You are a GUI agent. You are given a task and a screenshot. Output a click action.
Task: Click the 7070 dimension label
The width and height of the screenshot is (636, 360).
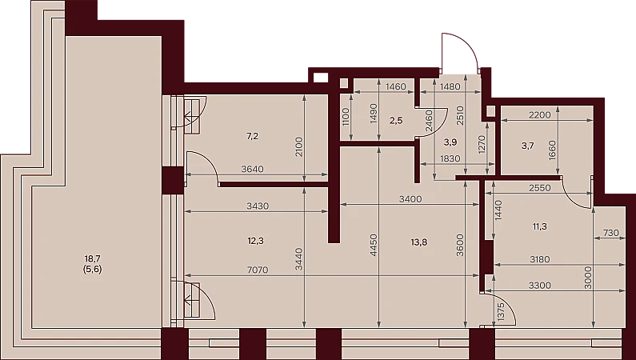[258, 270]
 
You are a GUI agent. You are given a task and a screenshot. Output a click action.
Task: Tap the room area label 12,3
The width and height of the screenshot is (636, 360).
[255, 241]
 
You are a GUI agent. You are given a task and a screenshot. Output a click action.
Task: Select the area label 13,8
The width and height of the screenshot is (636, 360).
[418, 242]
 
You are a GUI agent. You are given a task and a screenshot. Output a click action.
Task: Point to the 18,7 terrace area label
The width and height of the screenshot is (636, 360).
[93, 258]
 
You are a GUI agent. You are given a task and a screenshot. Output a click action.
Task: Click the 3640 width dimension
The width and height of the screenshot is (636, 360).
[252, 169]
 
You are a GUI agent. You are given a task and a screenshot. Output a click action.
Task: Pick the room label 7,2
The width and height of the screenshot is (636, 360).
[252, 136]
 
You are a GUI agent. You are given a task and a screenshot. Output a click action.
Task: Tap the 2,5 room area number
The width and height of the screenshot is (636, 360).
[396, 121]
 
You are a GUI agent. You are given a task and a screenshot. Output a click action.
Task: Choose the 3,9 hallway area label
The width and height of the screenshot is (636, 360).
[450, 142]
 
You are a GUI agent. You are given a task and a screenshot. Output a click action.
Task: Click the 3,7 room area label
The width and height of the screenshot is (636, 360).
[528, 146]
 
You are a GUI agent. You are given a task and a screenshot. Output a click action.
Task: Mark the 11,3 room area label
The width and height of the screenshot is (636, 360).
[539, 226]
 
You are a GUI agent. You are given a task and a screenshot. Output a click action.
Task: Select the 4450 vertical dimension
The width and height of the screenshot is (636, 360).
[374, 245]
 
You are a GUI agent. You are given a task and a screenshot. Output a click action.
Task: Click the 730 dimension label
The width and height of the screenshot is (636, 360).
[611, 233]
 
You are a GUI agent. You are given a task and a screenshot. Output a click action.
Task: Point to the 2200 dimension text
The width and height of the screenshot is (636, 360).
[540, 115]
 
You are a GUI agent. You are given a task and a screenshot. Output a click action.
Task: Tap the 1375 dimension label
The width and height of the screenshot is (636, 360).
[500, 312]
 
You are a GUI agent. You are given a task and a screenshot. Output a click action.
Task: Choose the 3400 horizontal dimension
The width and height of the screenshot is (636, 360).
[410, 199]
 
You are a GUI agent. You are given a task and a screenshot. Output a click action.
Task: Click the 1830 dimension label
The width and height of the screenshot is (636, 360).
[450, 158]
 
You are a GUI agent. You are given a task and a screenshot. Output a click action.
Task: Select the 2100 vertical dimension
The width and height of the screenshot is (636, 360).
[299, 147]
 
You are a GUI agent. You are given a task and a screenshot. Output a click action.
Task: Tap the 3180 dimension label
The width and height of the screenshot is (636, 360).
[540, 259]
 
